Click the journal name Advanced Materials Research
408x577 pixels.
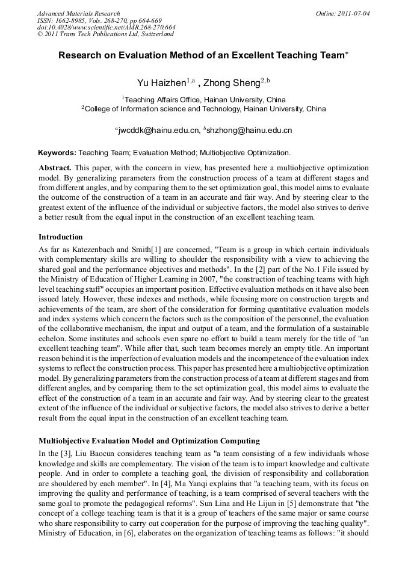(x=78, y=13)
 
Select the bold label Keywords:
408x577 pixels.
(x=57, y=153)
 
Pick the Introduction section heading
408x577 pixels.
(x=61, y=237)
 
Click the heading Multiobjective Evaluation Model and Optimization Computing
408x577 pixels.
(x=149, y=440)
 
